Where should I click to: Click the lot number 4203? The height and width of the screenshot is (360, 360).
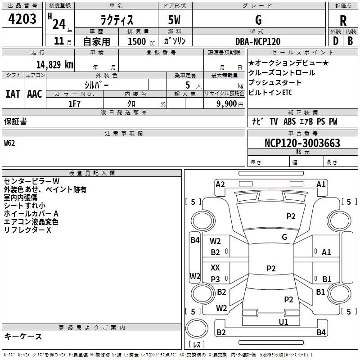22,19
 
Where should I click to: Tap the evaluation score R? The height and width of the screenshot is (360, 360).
343,21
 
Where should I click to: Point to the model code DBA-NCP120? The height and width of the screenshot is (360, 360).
258,41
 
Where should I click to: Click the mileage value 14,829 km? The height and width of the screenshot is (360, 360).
53,65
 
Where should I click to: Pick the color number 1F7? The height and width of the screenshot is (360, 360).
74,103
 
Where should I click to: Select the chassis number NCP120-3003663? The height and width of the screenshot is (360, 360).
302,144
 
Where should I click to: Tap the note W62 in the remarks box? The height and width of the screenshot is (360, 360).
9,144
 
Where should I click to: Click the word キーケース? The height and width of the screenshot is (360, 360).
23,337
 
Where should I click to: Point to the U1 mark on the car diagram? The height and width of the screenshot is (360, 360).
283,322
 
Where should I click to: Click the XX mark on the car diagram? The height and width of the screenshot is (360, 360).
215,267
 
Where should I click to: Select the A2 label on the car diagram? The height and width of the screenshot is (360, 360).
220,184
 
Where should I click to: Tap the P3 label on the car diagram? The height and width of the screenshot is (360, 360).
215,279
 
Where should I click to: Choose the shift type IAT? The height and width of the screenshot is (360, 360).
13,94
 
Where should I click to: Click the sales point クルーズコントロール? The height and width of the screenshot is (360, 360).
282,73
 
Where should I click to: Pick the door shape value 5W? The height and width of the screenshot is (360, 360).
175,20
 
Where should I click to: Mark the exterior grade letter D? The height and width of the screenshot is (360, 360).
335,41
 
